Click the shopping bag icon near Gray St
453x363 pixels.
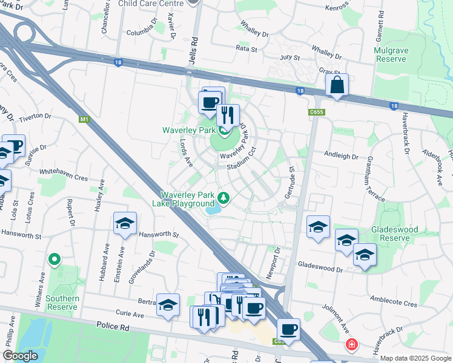[x=337, y=86]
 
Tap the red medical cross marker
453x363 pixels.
[x=351, y=345]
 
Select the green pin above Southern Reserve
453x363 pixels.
[x=54, y=260]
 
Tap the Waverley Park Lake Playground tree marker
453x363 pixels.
[x=223, y=197]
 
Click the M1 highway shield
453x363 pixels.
[x=84, y=119]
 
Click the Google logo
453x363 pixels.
[x=20, y=356]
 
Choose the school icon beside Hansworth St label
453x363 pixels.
[x=125, y=224]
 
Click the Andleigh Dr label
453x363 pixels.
[x=342, y=155]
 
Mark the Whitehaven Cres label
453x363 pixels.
[x=64, y=172]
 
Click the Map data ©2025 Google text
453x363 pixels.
[x=415, y=358]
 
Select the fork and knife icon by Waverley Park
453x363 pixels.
[x=228, y=116]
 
